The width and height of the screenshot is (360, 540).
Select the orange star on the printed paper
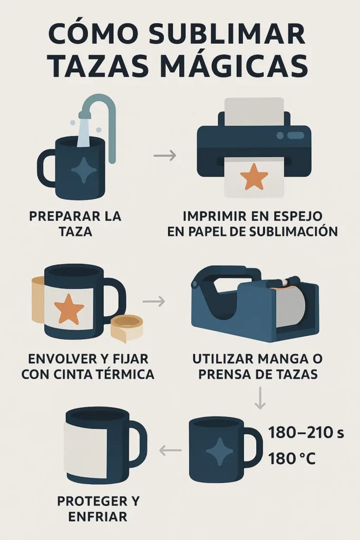(254, 178)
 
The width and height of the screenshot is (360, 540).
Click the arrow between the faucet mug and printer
(164, 156)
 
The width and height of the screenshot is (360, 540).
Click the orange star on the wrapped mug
(69, 308)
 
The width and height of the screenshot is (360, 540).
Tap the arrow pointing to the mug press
(153, 302)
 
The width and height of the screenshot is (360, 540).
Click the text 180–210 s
(306, 433)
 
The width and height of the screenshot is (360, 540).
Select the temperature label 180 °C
(291, 459)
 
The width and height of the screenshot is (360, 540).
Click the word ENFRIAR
(99, 516)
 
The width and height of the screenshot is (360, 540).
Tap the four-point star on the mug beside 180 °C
(219, 451)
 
